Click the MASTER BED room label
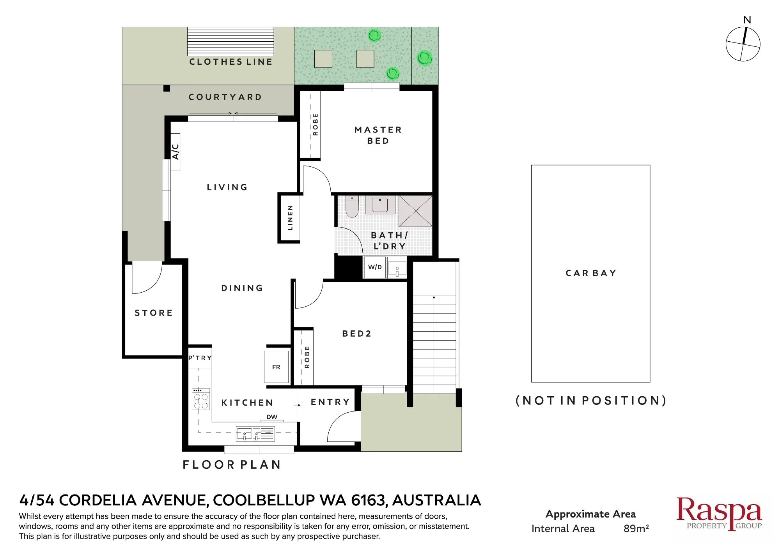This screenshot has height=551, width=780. [378, 135]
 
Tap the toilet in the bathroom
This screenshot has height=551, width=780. [352, 206]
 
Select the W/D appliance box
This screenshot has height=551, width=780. [375, 267]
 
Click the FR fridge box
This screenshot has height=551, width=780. [276, 367]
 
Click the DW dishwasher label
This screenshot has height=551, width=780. [272, 417]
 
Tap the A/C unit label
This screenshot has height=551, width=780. [175, 152]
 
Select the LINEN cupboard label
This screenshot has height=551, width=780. [290, 218]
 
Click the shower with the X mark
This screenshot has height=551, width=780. [415, 211]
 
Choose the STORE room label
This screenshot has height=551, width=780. [154, 313]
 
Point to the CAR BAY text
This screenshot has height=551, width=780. [591, 273]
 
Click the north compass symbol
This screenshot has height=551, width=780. [743, 44]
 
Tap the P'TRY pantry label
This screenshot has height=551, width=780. [200, 358]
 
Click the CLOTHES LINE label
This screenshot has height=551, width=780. [231, 62]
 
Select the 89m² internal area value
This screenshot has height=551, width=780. [636, 528]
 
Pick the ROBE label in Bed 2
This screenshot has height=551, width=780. [307, 357]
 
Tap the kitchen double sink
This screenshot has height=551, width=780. [255, 434]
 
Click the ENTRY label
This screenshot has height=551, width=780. [330, 402]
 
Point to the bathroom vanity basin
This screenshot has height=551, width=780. [380, 205]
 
